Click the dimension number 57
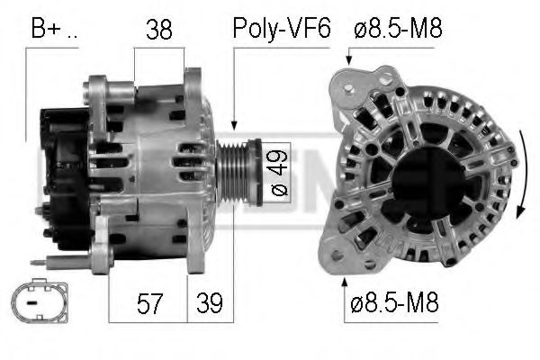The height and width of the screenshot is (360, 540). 152,302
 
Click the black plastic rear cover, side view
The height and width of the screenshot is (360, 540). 61,171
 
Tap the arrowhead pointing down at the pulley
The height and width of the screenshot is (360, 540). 233,125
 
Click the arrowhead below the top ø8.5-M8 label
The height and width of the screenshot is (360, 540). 349,64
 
